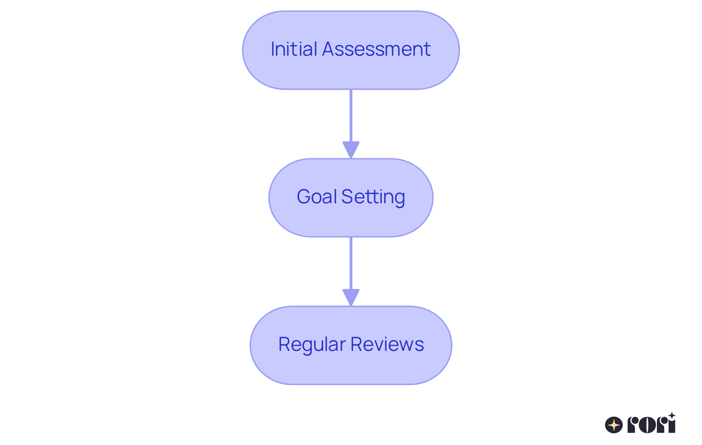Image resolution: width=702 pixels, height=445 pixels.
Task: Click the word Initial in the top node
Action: [294, 49]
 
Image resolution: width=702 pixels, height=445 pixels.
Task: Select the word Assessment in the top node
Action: [376, 49]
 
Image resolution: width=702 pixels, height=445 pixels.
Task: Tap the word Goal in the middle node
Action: [316, 197]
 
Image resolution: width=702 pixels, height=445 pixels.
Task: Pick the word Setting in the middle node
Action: [373, 197]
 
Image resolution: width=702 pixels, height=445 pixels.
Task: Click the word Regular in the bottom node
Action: [312, 344]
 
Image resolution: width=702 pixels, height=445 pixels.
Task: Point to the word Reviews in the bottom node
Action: [387, 344]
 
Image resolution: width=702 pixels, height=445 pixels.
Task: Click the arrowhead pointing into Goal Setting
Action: [351, 149]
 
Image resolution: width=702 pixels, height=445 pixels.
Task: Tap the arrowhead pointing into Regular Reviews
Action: [351, 297]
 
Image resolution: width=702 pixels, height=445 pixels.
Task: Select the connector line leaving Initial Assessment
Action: [351, 115]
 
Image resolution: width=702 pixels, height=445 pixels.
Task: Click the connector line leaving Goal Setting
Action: [351, 263]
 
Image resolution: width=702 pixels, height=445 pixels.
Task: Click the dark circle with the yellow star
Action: [614, 425]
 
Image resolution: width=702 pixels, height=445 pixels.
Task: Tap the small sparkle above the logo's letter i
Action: [672, 415]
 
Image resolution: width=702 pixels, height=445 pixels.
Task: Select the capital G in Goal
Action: [303, 197]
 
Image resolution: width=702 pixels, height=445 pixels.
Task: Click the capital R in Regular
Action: [284, 344]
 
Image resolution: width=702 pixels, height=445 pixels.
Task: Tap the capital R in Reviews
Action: [356, 344]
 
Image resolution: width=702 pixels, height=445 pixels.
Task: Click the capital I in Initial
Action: [272, 49]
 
